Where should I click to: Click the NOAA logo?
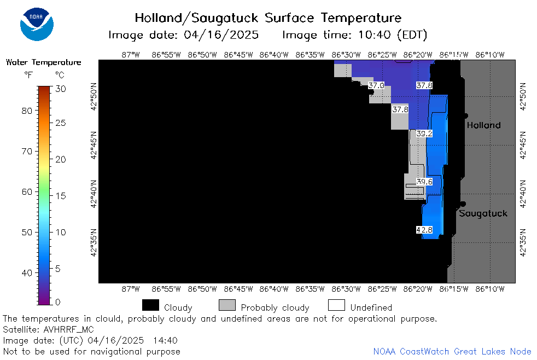pyautogui.click(x=37, y=24)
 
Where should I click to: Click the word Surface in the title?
pyautogui.click(x=289, y=18)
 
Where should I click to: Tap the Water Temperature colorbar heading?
pyautogui.click(x=44, y=62)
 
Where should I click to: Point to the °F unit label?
pyautogui.click(x=28, y=75)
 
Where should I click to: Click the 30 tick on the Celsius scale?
pyautogui.click(x=61, y=89)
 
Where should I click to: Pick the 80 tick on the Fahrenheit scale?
pyautogui.click(x=27, y=111)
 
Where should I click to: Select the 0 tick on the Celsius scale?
pyautogui.click(x=57, y=302)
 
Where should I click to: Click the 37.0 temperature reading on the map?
pyautogui.click(x=376, y=85)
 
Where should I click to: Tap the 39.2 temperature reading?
pyautogui.click(x=424, y=133)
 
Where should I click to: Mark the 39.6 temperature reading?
pyautogui.click(x=424, y=182)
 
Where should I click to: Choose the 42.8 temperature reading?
pyautogui.click(x=424, y=230)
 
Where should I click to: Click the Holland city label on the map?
pyautogui.click(x=483, y=125)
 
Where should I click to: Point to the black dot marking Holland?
pyautogui.click(x=466, y=116)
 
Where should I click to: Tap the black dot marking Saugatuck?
pyautogui.click(x=463, y=204)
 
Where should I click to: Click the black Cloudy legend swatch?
pyautogui.click(x=150, y=305)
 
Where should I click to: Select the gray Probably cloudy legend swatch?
pyautogui.click(x=227, y=305)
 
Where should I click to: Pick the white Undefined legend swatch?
pyautogui.click(x=336, y=305)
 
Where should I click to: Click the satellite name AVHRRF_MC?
pyautogui.click(x=68, y=329)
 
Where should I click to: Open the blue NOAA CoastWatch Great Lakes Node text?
pyautogui.click(x=452, y=351)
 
